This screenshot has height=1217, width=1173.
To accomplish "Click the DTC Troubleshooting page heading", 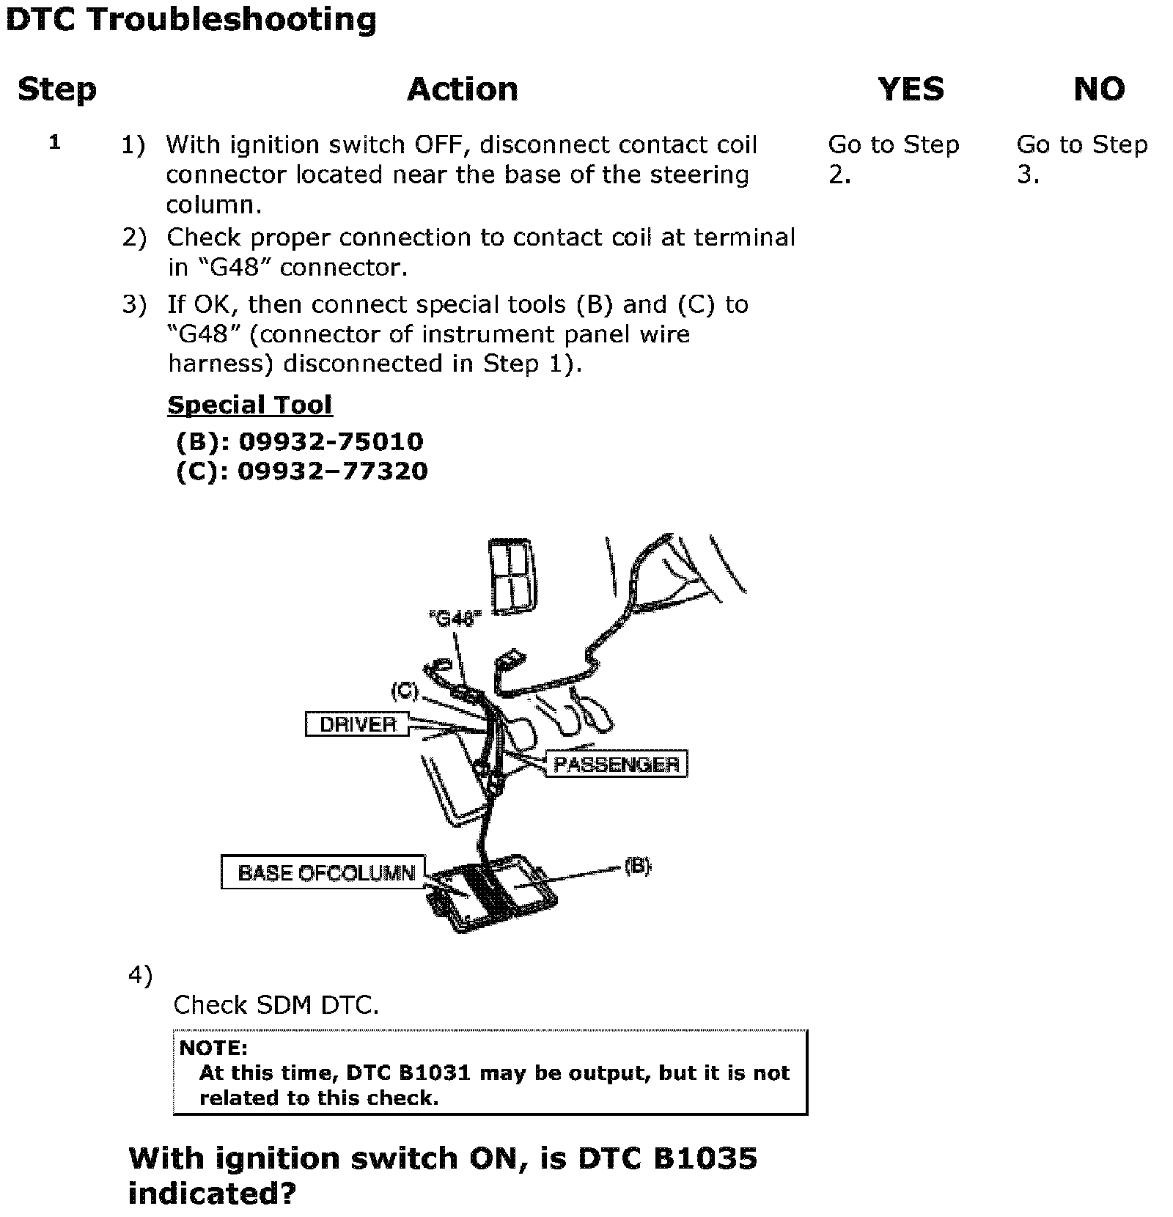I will coord(191,21).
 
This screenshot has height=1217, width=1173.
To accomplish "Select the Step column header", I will coord(57,89).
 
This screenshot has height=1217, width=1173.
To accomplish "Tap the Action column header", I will coord(463,89).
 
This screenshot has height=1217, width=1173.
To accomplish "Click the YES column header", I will coord(911,89).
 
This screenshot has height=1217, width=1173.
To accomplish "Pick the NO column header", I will coord(1098,89).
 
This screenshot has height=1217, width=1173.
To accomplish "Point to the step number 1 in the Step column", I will coord(55,142).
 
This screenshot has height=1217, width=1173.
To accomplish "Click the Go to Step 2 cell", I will coord(893,159).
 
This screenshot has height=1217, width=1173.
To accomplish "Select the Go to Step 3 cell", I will coord(1081,159).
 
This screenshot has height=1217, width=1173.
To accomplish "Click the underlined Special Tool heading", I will coord(250,405).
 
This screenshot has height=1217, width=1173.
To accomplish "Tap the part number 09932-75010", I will coord(331,441).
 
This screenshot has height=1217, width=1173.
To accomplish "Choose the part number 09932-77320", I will coord(332,471).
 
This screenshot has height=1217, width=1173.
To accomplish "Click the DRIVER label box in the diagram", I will coord(357,724).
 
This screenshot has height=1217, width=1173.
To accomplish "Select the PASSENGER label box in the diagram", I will coord(616,765).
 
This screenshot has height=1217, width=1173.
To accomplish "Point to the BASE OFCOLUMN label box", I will coord(323,872).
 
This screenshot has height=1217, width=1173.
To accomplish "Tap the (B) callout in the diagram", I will coord(637,867).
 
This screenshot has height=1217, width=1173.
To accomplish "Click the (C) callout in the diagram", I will coord(404,691).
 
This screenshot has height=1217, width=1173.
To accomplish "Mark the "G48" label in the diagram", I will coord(455,619).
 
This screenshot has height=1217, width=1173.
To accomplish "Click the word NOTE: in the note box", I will coord(213,1048).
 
